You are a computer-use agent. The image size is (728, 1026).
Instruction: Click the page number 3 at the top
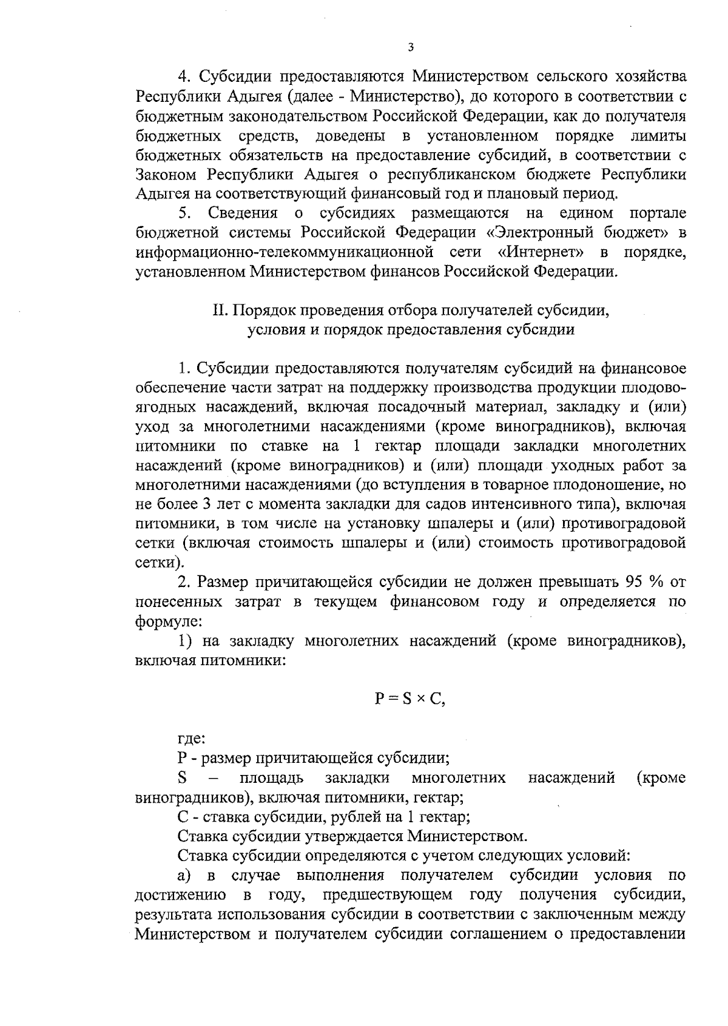point(411,48)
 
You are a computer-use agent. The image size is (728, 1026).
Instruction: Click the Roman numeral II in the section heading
point(218,310)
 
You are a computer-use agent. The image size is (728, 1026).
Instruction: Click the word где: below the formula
point(192,739)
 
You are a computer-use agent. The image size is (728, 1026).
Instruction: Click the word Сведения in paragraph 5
point(243,213)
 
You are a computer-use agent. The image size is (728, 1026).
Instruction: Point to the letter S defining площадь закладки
point(181,777)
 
